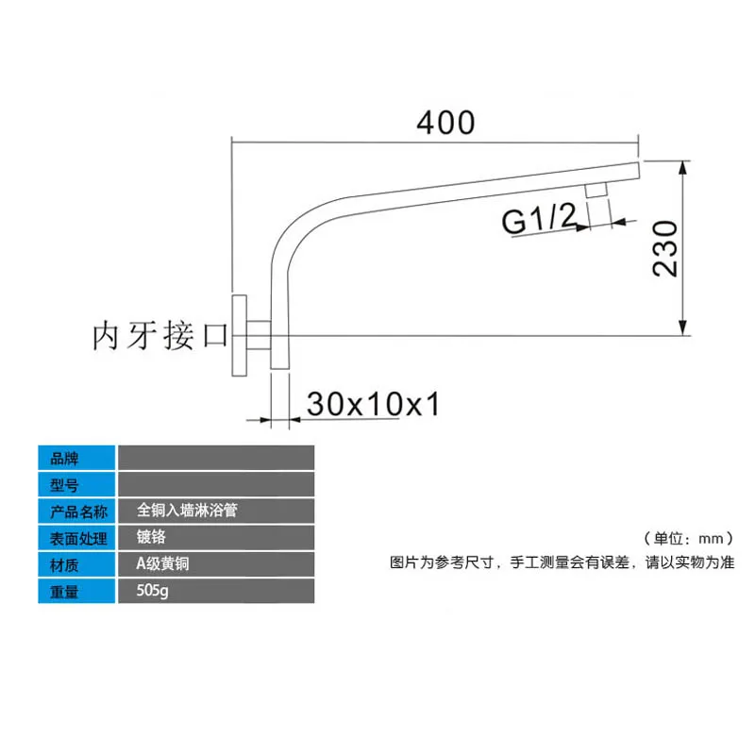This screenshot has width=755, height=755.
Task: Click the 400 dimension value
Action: tap(445, 123)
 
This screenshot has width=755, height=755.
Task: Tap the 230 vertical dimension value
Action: tap(665, 248)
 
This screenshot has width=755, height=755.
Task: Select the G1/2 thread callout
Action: tap(539, 219)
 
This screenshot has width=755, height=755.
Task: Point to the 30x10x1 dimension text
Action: tap(373, 404)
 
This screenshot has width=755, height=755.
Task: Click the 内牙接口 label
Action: tap(159, 335)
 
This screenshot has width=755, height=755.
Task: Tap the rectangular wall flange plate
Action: tap(240, 335)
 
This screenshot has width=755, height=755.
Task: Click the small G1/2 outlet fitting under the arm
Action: tap(596, 190)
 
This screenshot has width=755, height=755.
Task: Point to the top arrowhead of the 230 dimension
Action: tap(682, 168)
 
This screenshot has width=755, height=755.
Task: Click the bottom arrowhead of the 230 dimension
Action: tap(682, 327)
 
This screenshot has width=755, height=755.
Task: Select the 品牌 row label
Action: tap(64, 459)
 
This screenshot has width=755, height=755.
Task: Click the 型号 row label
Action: tap(64, 485)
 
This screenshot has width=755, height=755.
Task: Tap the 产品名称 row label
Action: tap(78, 512)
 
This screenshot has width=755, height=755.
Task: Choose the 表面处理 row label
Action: tap(78, 538)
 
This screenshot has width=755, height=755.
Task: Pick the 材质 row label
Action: tap(64, 564)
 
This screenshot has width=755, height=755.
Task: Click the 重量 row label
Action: tap(64, 592)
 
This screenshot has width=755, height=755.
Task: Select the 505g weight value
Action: tap(152, 591)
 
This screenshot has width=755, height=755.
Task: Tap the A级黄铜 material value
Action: tap(162, 563)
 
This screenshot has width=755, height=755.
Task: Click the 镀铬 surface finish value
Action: tap(151, 536)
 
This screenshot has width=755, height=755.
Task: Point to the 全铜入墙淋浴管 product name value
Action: tap(187, 510)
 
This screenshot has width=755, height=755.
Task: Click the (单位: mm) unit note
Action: tap(689, 538)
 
